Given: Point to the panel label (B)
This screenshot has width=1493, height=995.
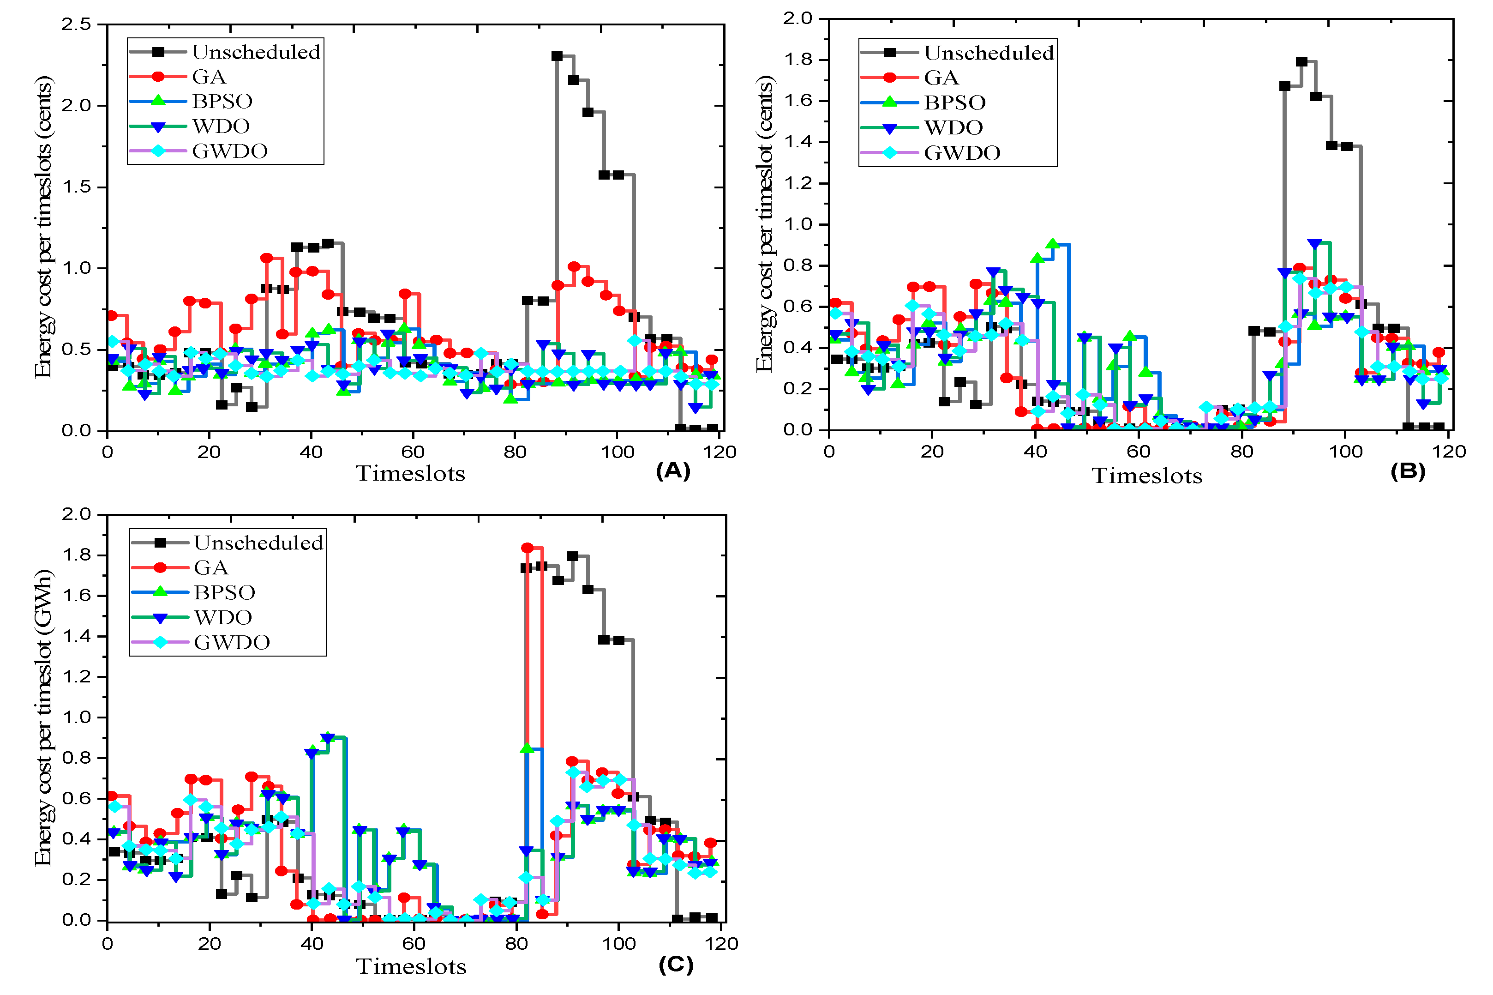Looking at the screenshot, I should [1407, 471].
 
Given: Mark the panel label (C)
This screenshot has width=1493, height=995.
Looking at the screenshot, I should [676, 964].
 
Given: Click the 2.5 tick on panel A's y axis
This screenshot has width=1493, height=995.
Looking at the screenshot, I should [76, 24].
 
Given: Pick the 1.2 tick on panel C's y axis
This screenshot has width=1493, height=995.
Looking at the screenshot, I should [76, 677].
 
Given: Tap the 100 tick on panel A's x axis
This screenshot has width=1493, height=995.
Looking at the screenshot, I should [617, 452].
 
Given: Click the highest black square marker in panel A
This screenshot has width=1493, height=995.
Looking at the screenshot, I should [557, 56].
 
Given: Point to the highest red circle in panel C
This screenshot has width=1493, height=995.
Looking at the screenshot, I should [527, 548].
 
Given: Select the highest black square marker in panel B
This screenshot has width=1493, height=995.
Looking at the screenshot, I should [1301, 61].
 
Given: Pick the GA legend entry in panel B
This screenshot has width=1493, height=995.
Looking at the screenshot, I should [941, 78].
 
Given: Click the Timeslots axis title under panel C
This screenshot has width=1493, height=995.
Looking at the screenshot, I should [411, 966].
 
